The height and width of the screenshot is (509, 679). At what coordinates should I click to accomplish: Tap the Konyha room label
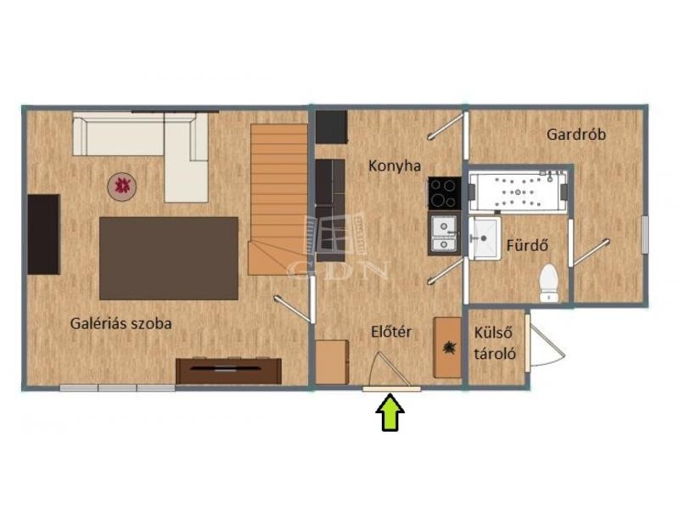point(395,165)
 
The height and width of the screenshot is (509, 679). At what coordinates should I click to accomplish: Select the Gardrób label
point(576,134)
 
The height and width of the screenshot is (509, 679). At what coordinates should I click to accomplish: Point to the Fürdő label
point(527,245)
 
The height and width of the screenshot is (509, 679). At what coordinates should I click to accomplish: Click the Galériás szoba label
point(121,323)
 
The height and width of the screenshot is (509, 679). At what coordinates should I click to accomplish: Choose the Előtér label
point(391,332)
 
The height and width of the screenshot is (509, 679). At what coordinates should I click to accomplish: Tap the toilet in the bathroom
point(548,283)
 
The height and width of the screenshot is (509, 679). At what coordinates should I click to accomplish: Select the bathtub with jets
point(518,192)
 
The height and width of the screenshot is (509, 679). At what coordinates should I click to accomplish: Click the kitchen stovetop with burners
point(444,193)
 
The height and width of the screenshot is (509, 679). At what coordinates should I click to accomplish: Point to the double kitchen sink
point(444,234)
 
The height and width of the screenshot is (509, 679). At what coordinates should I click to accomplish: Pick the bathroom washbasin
point(485,238)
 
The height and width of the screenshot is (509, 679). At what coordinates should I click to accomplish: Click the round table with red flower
point(122,186)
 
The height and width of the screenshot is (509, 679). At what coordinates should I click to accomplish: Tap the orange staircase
point(278,200)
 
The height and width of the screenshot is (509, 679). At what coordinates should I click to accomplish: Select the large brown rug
point(169,259)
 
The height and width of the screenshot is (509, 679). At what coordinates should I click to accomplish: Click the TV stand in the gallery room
point(228,371)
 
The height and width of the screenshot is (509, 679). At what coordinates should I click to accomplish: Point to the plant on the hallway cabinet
point(449,347)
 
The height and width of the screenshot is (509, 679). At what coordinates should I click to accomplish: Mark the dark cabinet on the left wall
point(44,234)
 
